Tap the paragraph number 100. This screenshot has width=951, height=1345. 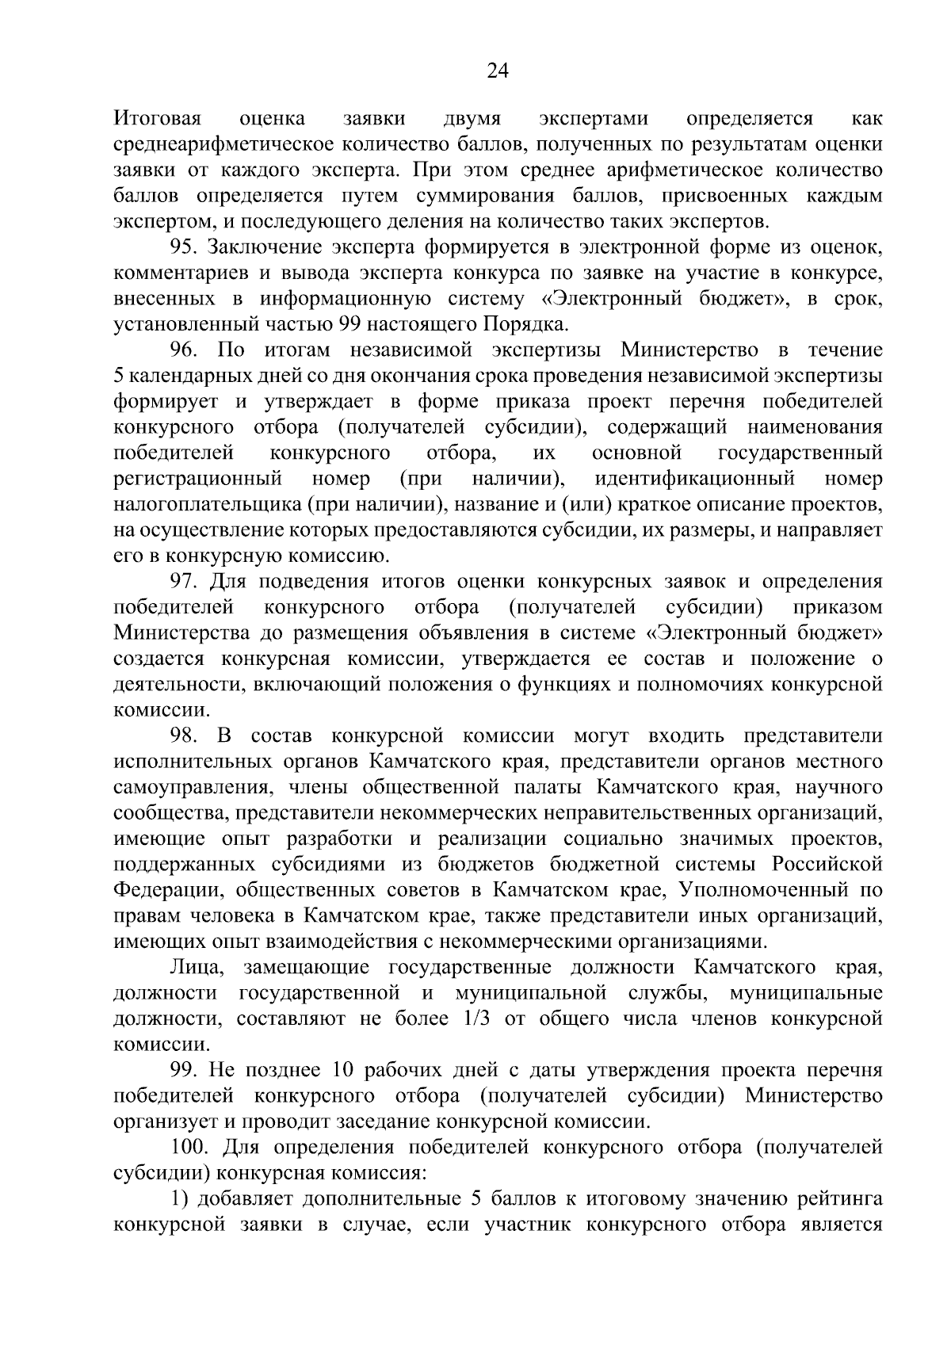190,1148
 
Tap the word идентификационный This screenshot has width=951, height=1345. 695,479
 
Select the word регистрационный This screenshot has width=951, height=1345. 198,479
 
